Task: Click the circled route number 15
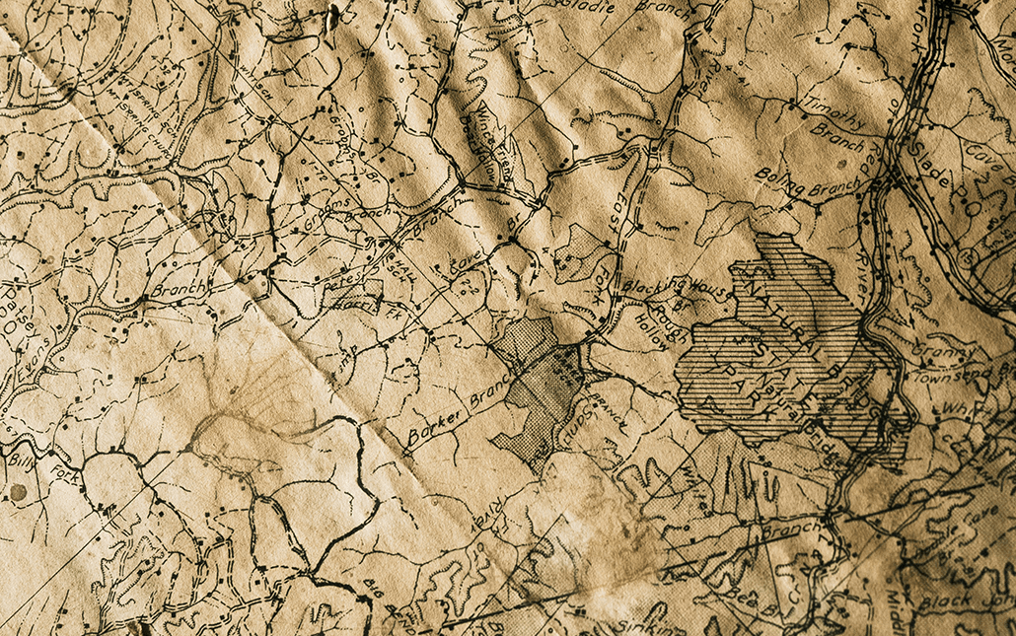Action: [x=973, y=255]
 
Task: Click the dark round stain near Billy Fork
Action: [x=17, y=491]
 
